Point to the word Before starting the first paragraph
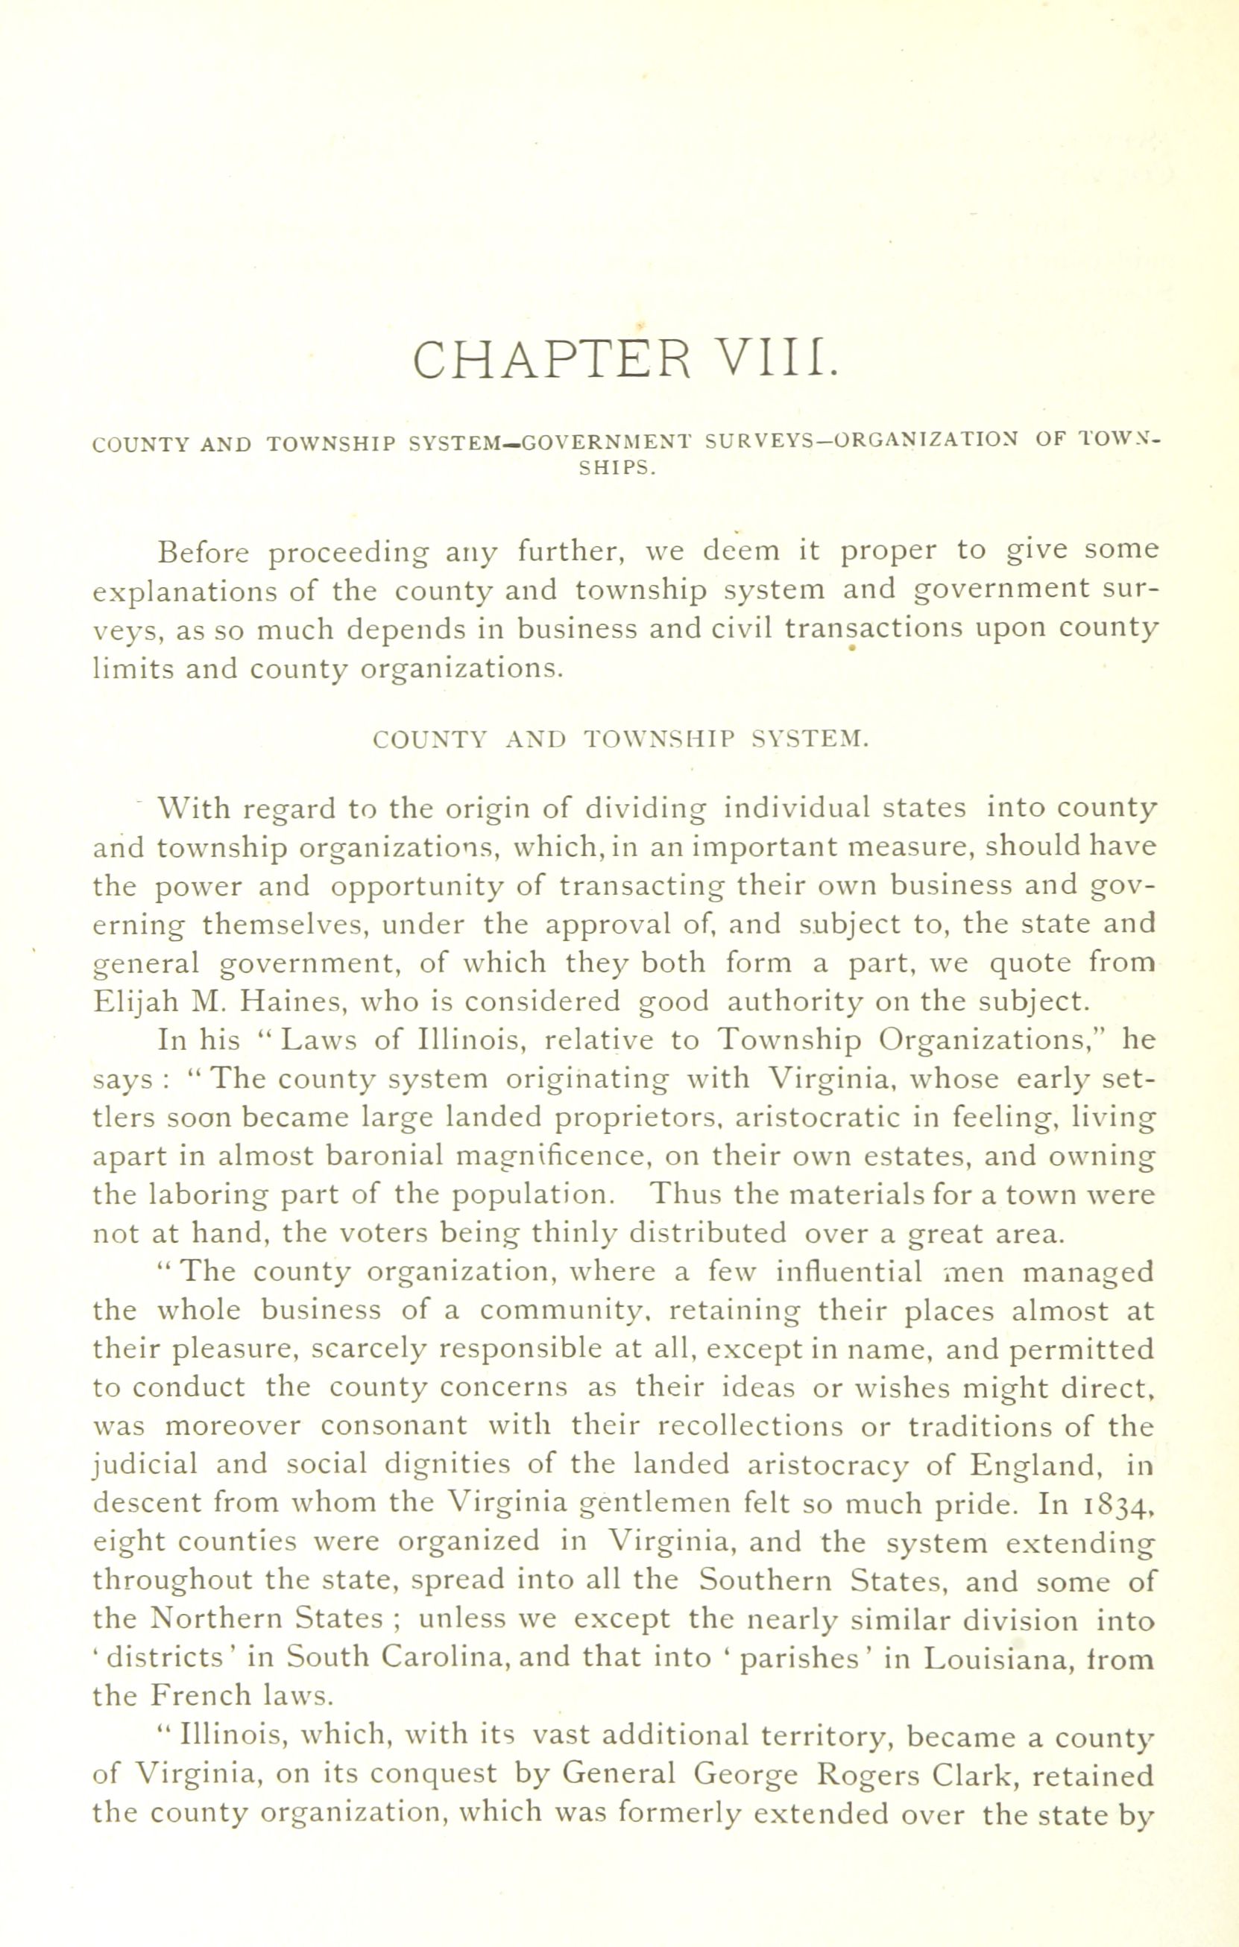(204, 551)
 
